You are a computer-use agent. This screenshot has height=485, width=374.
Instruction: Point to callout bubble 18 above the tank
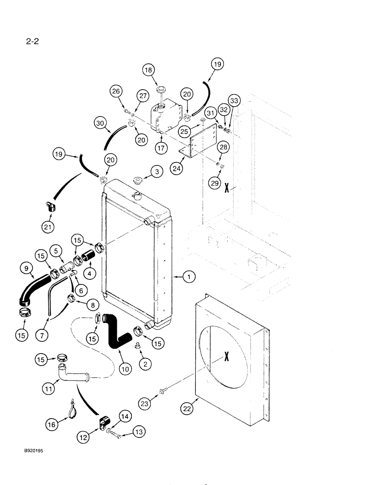[x=149, y=70]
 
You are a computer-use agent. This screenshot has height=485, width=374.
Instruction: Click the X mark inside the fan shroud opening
[x=226, y=357]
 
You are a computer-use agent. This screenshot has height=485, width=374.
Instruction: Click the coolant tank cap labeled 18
[x=160, y=90]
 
